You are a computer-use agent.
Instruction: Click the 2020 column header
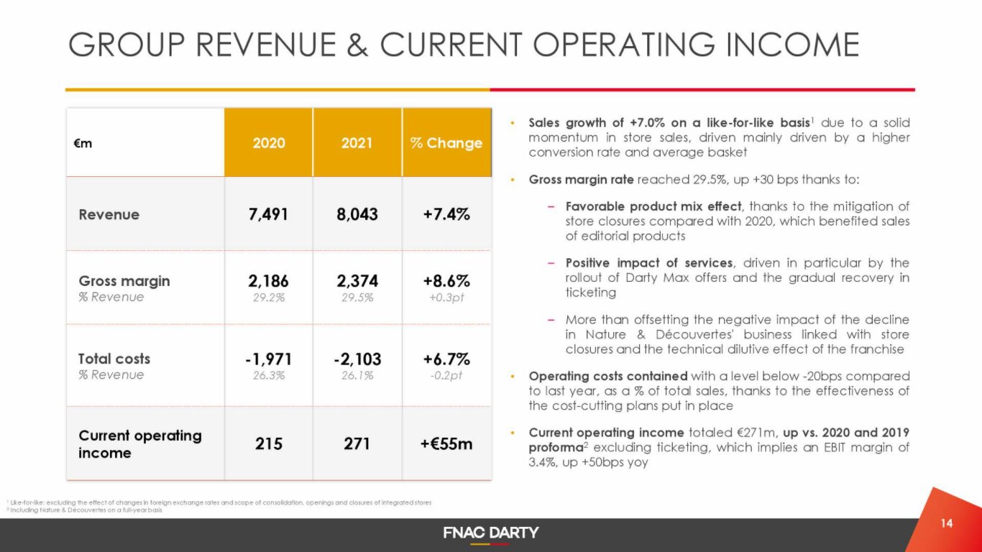(269, 142)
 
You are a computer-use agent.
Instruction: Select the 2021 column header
(357, 142)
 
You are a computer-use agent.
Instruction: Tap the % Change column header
(446, 142)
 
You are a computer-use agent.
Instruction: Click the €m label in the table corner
(83, 142)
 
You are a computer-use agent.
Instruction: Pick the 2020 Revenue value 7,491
(269, 214)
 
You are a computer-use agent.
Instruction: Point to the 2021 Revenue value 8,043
(357, 214)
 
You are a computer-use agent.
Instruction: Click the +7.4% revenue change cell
(446, 214)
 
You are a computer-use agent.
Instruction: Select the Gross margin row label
(124, 281)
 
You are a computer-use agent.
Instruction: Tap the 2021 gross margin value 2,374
(357, 280)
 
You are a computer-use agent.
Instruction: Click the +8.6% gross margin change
(446, 280)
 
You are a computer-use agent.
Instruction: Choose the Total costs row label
(114, 359)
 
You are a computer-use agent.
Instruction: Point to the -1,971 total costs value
(269, 359)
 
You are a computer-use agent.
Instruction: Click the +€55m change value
(446, 443)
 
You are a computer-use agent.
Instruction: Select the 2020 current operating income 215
(269, 443)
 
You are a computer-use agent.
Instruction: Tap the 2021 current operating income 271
(357, 443)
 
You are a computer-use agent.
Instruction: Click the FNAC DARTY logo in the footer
(491, 533)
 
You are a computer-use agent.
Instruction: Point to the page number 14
(947, 523)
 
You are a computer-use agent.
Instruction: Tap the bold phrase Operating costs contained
(608, 376)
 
